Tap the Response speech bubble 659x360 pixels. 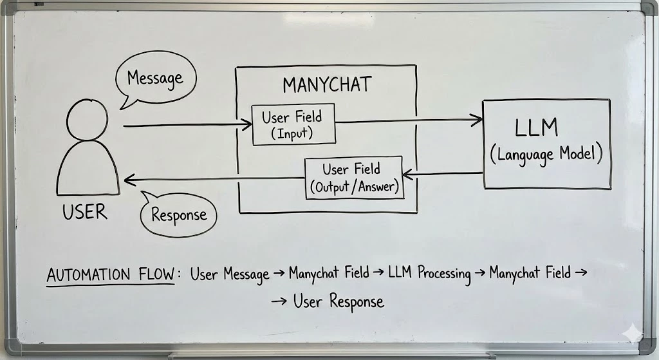pyautogui.click(x=179, y=214)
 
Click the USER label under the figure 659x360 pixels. pyautogui.click(x=84, y=213)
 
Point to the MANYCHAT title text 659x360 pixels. pyautogui.click(x=326, y=85)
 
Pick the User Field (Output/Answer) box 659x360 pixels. pyautogui.click(x=353, y=178)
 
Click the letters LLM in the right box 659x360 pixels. pyautogui.click(x=536, y=128)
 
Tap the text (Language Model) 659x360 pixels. pyautogui.click(x=546, y=155)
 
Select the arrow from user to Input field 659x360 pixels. pyautogui.click(x=187, y=125)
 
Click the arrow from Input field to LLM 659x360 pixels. pyautogui.click(x=409, y=119)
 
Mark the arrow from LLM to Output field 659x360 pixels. pyautogui.click(x=443, y=173)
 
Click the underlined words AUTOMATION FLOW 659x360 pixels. pyautogui.click(x=111, y=275)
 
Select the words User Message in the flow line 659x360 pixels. pyautogui.click(x=230, y=274)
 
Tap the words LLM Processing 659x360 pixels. pyautogui.click(x=429, y=273)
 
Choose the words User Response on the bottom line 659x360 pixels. pyautogui.click(x=339, y=301)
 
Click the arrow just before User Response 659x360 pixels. pyautogui.click(x=279, y=301)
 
